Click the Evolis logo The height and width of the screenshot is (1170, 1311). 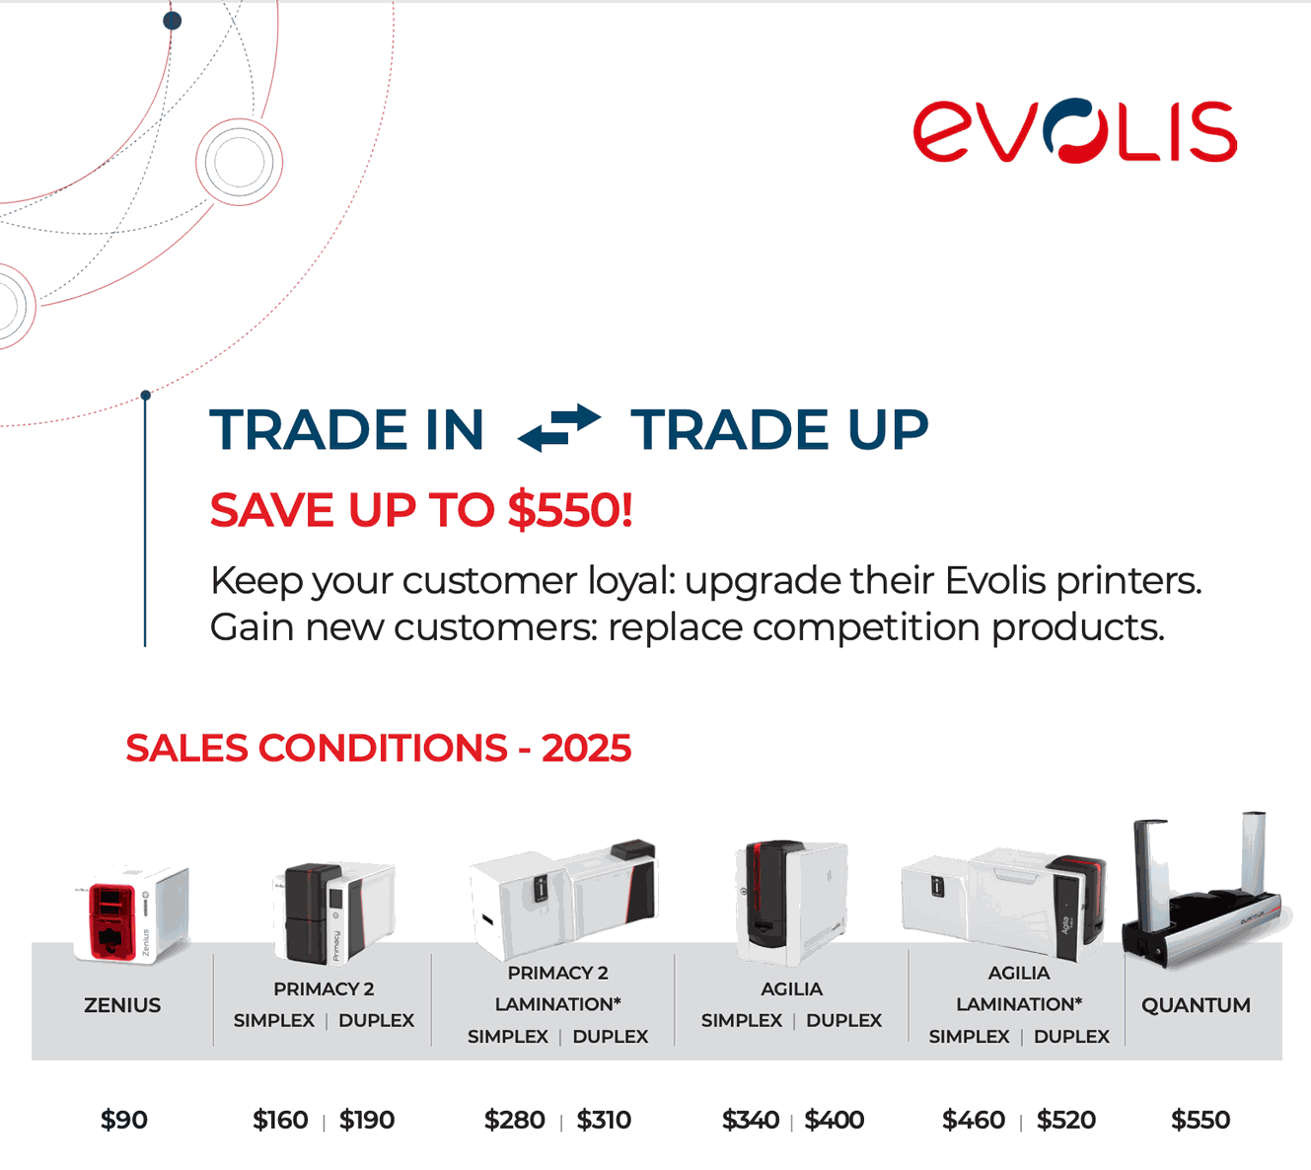click(1075, 130)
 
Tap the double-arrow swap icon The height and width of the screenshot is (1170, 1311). click(559, 428)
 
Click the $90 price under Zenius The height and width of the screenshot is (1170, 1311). click(123, 1120)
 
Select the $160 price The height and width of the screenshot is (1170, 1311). click(280, 1120)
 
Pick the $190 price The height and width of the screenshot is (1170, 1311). click(367, 1120)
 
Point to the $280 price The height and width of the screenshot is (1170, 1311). click(514, 1120)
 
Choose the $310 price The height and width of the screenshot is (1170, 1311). click(604, 1120)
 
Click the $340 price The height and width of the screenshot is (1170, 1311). click(751, 1120)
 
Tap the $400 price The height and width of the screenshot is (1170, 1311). click(835, 1120)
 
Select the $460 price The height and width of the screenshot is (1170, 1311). click(974, 1120)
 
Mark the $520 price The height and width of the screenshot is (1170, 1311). click(1066, 1120)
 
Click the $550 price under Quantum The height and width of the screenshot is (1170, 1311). click(1201, 1120)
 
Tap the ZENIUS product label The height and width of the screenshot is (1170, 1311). click(122, 1005)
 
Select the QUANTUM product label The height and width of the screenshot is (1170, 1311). click(1196, 1005)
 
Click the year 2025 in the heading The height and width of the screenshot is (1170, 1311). click(586, 749)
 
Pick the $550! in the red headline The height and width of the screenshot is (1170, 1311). click(570, 511)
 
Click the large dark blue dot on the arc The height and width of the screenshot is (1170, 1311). click(172, 21)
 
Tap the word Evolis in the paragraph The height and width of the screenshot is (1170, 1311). click(995, 580)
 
